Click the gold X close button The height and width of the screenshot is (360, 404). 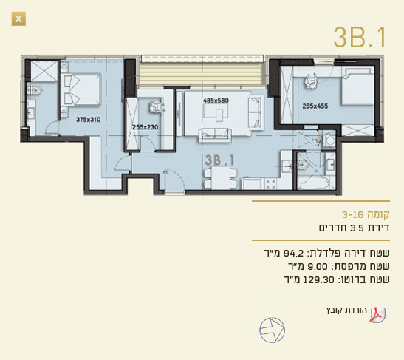[18, 18]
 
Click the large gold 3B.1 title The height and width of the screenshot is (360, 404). [360, 38]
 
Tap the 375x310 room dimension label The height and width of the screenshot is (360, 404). [89, 120]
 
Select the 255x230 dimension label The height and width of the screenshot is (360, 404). [145, 127]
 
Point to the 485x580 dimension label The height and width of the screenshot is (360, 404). [216, 101]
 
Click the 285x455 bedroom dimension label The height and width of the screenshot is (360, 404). [315, 106]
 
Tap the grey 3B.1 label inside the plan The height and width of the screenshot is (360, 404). [219, 160]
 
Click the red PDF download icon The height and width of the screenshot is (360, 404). [377, 315]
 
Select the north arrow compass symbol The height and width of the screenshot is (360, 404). [272, 330]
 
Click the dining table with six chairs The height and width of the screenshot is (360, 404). [221, 177]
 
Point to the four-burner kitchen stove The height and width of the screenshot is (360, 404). [270, 184]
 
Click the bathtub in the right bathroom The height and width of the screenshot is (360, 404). [313, 184]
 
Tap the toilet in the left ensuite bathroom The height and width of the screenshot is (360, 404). [35, 90]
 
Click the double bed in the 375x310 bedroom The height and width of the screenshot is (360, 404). [81, 89]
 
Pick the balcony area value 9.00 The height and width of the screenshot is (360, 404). [318, 266]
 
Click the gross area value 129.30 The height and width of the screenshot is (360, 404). [319, 280]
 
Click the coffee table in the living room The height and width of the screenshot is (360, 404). [220, 115]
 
